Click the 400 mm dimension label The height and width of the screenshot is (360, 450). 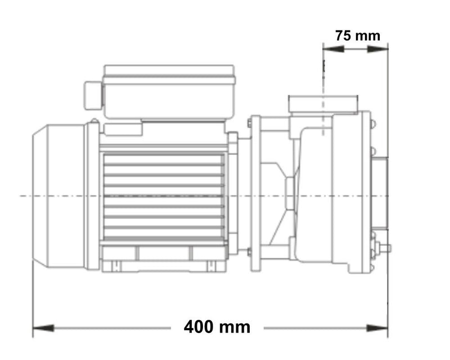click(217, 327)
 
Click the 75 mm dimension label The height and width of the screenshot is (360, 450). click(358, 35)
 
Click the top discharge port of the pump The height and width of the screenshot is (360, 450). click(322, 103)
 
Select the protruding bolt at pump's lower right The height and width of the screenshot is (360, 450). click(385, 247)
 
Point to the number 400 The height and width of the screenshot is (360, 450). click(204, 327)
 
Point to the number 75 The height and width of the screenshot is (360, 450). click(344, 35)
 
